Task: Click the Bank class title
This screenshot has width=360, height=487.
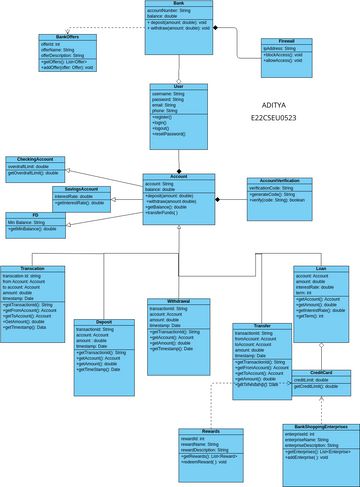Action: tap(178, 5)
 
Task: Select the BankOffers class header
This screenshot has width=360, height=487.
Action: tap(67, 37)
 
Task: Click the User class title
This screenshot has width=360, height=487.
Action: tap(178, 87)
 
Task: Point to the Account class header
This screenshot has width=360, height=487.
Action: tap(178, 176)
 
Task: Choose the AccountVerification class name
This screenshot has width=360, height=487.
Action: tap(272, 181)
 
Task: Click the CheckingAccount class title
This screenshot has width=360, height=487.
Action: tap(34, 160)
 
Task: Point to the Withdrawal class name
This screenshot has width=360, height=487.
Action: tap(179, 300)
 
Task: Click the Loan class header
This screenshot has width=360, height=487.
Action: tap(321, 268)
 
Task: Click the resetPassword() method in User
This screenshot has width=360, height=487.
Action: tap(173, 133)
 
